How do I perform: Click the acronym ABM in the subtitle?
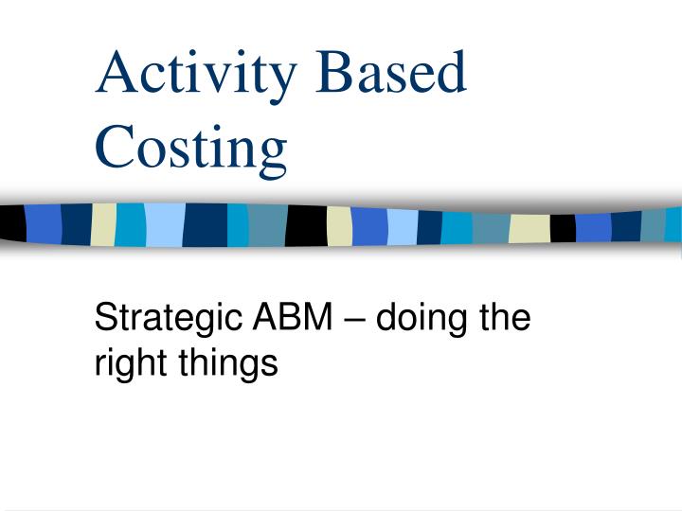(x=290, y=319)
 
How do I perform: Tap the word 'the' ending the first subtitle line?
(x=503, y=319)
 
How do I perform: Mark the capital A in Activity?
(x=116, y=73)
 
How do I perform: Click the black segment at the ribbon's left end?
(x=12, y=223)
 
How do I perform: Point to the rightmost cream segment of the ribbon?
(x=529, y=228)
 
